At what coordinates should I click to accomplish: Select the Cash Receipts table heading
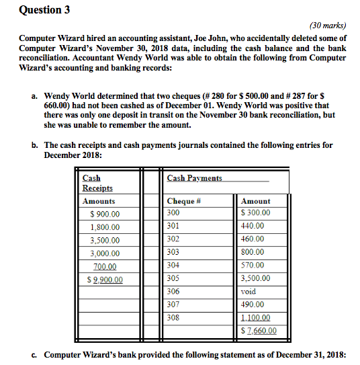(x=97, y=183)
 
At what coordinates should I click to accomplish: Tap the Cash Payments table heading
(x=194, y=177)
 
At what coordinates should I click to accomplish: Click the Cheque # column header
(x=184, y=201)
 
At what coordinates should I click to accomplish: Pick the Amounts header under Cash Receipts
(x=98, y=201)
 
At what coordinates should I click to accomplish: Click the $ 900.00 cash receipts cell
(x=104, y=214)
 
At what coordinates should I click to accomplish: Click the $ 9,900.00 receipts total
(x=104, y=280)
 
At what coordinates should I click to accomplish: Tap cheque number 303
(x=173, y=251)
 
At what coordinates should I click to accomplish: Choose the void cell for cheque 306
(x=248, y=292)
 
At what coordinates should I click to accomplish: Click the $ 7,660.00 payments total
(x=259, y=330)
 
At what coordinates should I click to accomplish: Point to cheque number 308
(x=173, y=317)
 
